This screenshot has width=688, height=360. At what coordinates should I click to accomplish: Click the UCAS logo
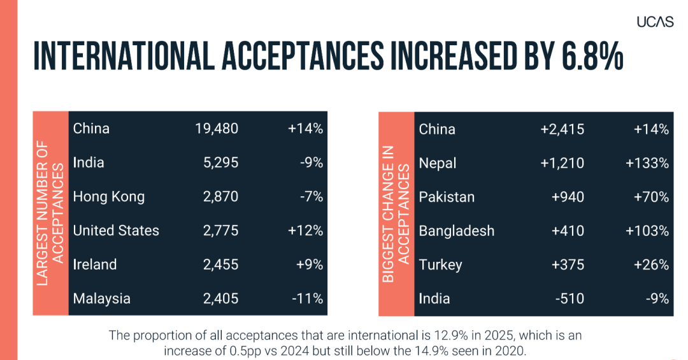pyautogui.click(x=655, y=22)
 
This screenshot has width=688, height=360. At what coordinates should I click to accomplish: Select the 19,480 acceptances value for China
pyautogui.click(x=217, y=129)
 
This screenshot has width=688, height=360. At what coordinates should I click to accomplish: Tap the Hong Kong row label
pyautogui.click(x=108, y=197)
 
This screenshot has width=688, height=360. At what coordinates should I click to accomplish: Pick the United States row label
pyautogui.click(x=116, y=231)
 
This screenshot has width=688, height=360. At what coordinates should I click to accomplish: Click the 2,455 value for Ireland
pyautogui.click(x=220, y=264)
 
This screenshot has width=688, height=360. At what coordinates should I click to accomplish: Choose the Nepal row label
pyautogui.click(x=438, y=163)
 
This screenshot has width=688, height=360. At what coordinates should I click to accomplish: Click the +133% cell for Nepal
pyautogui.click(x=647, y=163)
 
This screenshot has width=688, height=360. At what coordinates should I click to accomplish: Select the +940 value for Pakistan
pyautogui.click(x=567, y=197)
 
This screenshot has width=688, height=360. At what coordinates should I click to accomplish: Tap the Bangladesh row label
pyautogui.click(x=456, y=231)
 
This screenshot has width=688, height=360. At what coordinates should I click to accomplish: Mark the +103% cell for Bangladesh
pyautogui.click(x=647, y=231)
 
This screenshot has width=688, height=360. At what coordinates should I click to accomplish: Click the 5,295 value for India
pyautogui.click(x=220, y=163)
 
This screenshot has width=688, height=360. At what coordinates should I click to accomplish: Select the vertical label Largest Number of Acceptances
pyautogui.click(x=50, y=213)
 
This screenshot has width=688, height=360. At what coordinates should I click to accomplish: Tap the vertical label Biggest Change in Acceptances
pyautogui.click(x=396, y=214)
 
